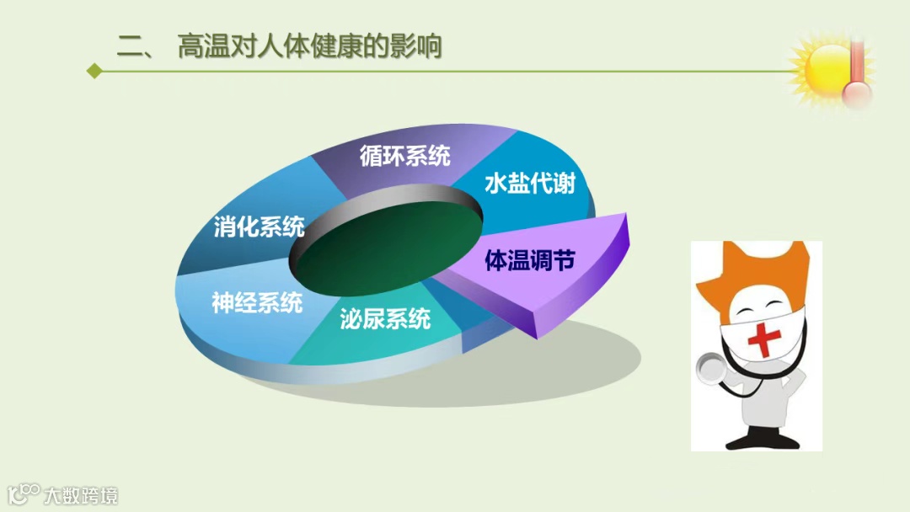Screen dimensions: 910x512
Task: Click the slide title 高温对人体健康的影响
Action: coord(309,46)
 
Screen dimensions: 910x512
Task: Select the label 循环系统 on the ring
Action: coord(405,156)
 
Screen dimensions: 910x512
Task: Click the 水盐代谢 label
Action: coord(530,184)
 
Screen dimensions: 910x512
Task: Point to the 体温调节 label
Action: coord(530,260)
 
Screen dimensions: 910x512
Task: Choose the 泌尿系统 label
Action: coord(385,318)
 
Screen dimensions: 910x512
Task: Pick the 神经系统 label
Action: coord(257,302)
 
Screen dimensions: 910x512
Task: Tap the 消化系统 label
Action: coord(259,227)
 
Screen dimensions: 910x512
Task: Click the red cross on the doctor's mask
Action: coord(763,339)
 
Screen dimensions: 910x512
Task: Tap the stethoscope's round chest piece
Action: coord(709,368)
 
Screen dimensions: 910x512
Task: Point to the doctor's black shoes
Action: coord(763,440)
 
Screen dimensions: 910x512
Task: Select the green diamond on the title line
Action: coord(94,72)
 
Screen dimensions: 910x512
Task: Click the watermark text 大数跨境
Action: coord(81,496)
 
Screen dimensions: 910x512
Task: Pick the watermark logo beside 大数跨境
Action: coord(24,493)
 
